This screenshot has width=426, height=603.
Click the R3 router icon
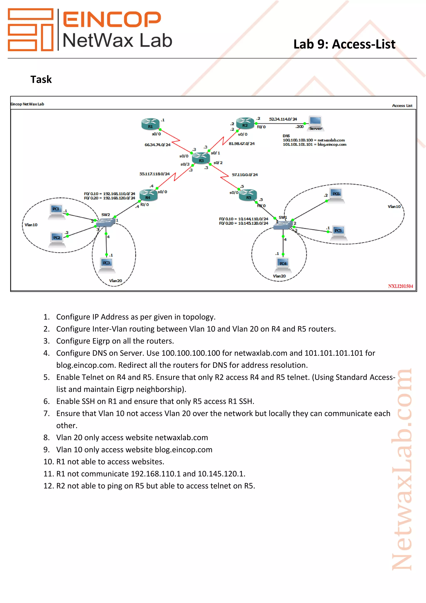(201, 158)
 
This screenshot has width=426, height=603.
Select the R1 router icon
(150, 124)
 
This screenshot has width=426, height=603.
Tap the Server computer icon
(315, 123)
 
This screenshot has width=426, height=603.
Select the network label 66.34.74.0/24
(157, 145)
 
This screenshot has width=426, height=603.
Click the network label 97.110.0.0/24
(245, 175)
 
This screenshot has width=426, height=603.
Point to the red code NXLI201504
(400, 286)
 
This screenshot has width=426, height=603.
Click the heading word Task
(41, 79)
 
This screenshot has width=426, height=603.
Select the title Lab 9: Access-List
(344, 44)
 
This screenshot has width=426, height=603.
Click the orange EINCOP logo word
(112, 19)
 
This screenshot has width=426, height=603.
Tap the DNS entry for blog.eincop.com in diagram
(314, 145)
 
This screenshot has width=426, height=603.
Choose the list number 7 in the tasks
(46, 413)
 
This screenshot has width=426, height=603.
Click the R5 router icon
(248, 195)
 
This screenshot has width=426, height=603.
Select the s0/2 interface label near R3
(218, 163)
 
